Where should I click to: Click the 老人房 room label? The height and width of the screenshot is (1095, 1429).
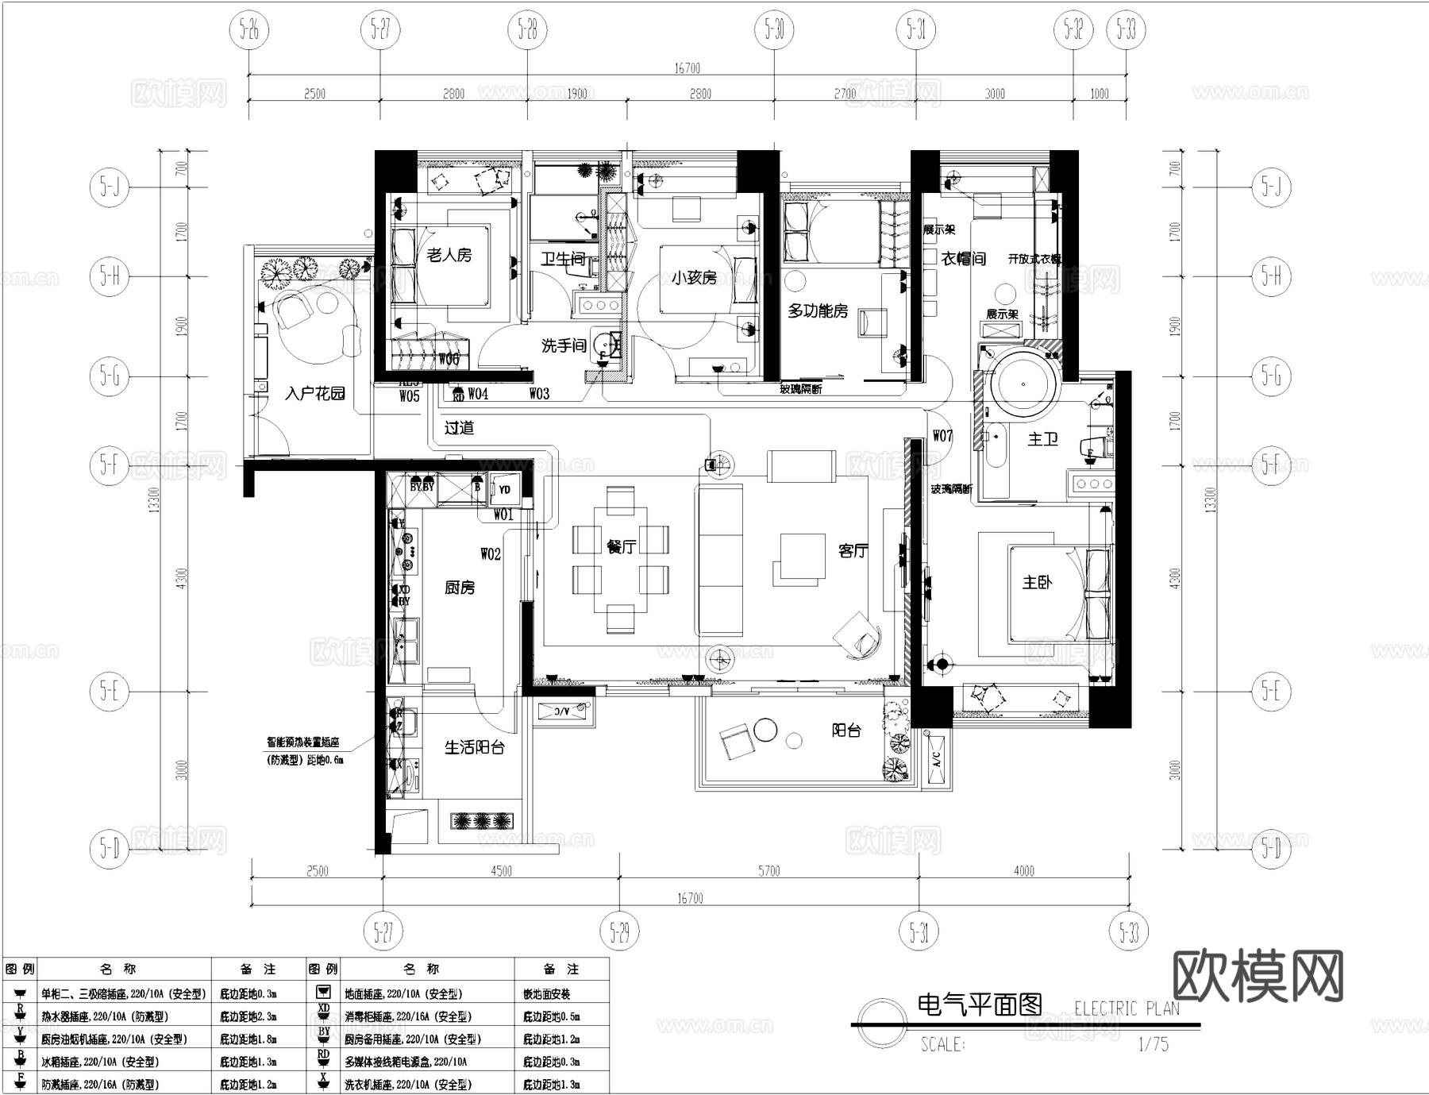coord(449,256)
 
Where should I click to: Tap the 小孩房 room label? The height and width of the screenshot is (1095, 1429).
coord(693,278)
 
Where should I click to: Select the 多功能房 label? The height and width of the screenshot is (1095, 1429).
coord(817,311)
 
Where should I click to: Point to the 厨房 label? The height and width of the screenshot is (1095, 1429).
coord(460,588)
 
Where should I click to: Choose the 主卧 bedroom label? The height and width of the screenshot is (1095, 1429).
coord(1037,583)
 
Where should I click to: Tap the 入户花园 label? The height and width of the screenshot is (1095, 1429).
coord(315,393)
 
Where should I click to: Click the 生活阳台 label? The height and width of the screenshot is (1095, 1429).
coord(474,747)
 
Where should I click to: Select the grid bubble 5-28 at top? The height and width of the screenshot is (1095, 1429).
coord(527,30)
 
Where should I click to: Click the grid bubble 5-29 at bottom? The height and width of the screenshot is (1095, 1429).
coord(619,931)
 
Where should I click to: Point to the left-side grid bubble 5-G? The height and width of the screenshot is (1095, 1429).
coord(110,375)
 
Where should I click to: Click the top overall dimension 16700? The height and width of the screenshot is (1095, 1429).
coord(688,68)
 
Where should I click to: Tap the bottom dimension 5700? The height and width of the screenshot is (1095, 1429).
coord(768,871)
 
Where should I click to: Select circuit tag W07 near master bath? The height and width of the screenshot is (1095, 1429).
coord(942,435)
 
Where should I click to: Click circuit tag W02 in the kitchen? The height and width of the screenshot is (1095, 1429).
coord(491,553)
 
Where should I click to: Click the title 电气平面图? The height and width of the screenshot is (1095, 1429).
coord(980,1004)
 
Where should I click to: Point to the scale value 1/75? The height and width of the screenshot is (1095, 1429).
coord(1153,1044)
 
